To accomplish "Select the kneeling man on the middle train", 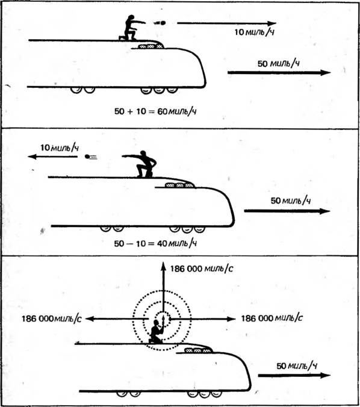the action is (142, 164).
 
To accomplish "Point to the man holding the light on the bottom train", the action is (157, 331).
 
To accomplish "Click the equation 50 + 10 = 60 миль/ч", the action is (155, 111).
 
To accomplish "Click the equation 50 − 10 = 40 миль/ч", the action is (155, 243).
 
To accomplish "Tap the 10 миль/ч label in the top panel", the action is (254, 32).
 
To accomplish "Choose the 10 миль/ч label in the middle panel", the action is (60, 148).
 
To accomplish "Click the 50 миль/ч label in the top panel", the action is (278, 64).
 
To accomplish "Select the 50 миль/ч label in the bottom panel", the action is (297, 366).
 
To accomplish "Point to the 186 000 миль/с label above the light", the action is (202, 269).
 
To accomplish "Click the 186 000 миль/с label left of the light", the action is (51, 318).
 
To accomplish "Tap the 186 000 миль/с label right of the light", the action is (272, 318).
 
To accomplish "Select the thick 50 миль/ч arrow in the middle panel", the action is (287, 211).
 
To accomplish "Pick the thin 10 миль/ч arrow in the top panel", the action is (226, 23).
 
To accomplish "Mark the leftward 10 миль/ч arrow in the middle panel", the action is (53, 157).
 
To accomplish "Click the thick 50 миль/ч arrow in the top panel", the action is (279, 73).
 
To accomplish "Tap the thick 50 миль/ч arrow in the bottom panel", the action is (294, 375).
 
